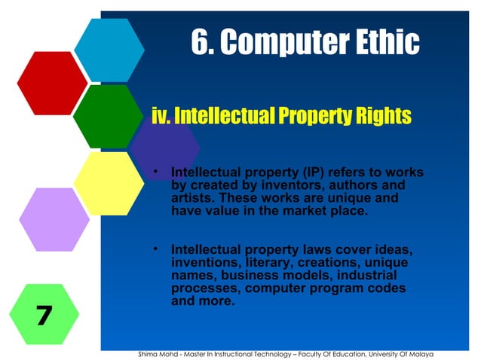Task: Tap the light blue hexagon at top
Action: tap(109, 50)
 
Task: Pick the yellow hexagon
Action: tap(109, 183)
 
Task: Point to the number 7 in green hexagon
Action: tap(44, 315)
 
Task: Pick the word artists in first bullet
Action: tap(193, 199)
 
